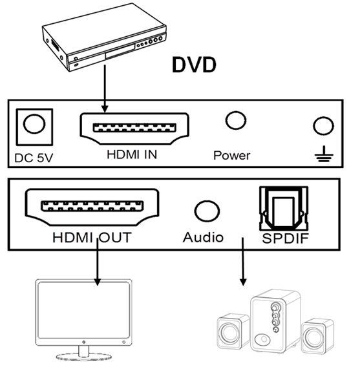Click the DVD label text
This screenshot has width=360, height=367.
pos(194,65)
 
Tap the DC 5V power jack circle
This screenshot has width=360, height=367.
pos(34,124)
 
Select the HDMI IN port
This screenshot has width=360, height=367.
pos(134,129)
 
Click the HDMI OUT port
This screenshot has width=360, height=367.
pos(92,207)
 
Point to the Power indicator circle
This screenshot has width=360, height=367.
pos(236,120)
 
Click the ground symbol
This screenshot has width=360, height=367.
pos(324,154)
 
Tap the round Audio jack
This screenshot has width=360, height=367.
pos(207,211)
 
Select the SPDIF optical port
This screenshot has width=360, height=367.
pos(284,208)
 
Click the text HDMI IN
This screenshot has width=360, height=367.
pos(132,154)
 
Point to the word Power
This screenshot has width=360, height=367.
pos(231,156)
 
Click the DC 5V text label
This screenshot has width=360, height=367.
pos(34,158)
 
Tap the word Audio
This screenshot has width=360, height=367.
pos(203,237)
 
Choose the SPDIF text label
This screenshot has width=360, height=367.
pos(285,238)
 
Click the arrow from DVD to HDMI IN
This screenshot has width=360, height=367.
pos(105,89)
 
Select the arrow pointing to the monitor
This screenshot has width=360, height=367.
pos(97,262)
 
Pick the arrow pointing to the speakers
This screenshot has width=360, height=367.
pos(243,262)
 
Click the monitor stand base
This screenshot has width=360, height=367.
pos(84,357)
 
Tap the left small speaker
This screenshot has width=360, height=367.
pos(233,331)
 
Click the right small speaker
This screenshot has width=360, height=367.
pos(318,336)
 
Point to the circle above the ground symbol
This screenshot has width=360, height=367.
pos(323,126)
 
